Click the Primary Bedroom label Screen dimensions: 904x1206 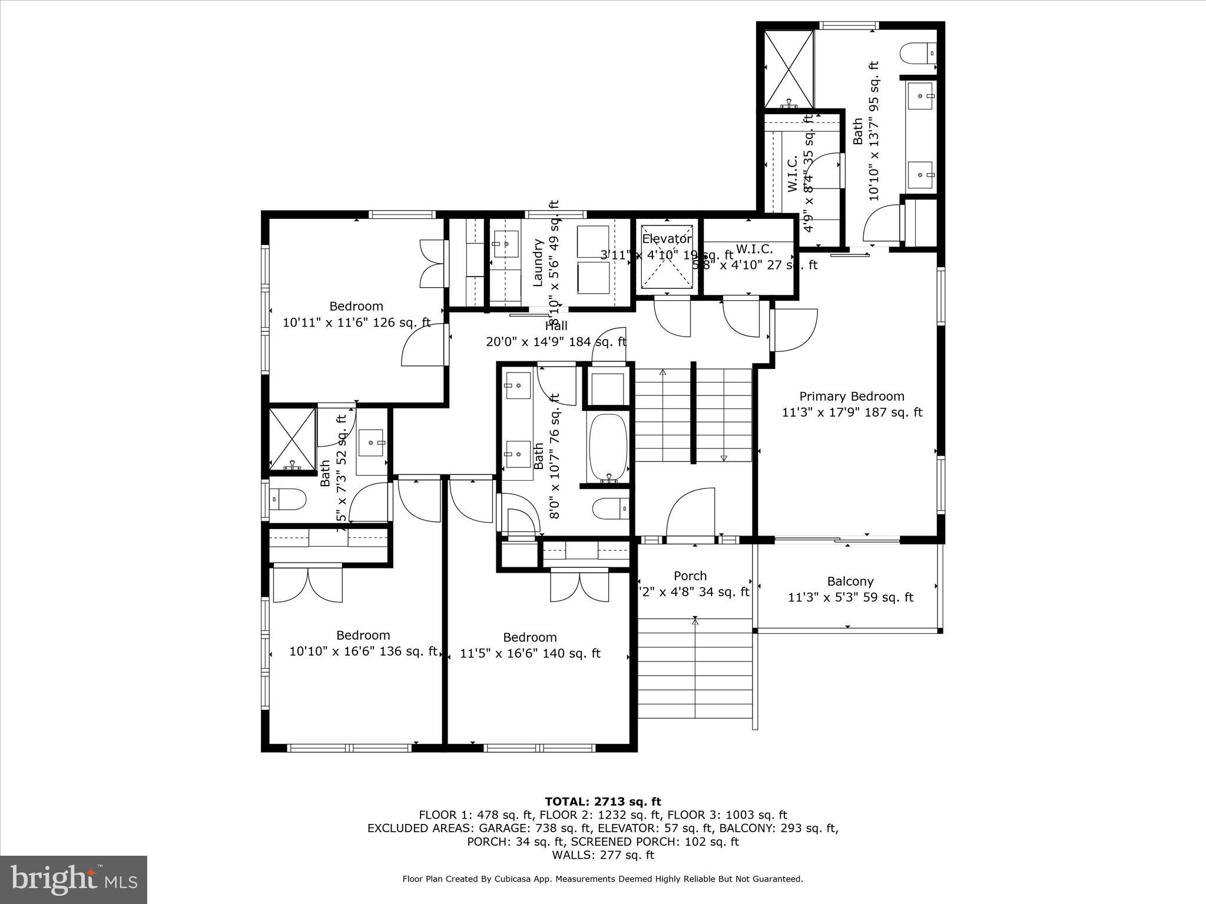point(852,396)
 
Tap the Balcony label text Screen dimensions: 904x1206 point(850,581)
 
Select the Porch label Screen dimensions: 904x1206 point(690,576)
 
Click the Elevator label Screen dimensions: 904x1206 point(667,239)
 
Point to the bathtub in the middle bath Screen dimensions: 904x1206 point(608,447)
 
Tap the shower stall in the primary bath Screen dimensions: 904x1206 point(789,69)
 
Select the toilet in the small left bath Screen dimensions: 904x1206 point(288,500)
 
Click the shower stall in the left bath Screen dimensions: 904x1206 point(293,438)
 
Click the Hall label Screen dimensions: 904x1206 point(556,325)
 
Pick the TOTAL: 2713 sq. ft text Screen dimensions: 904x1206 point(602,801)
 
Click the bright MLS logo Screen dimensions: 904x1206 point(74,879)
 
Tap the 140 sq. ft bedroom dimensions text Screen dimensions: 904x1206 point(530,653)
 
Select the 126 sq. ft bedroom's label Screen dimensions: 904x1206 point(356,306)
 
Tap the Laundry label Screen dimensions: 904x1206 point(538,262)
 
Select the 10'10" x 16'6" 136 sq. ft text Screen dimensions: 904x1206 point(363,652)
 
